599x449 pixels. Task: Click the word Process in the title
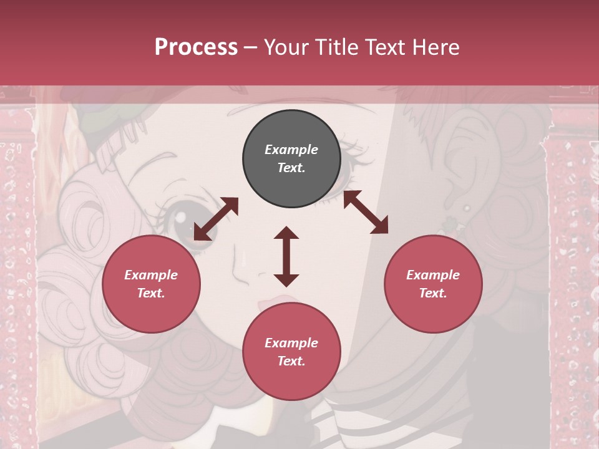click(196, 47)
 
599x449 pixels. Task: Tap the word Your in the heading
click(287, 47)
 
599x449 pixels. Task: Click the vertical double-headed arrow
click(286, 256)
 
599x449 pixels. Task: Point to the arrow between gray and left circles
click(216, 219)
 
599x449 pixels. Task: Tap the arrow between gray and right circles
click(366, 212)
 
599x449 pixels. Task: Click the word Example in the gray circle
click(291, 150)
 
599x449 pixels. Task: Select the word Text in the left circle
click(151, 293)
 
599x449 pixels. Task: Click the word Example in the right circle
click(433, 275)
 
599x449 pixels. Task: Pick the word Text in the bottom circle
click(291, 361)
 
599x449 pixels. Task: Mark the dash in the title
click(250, 48)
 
